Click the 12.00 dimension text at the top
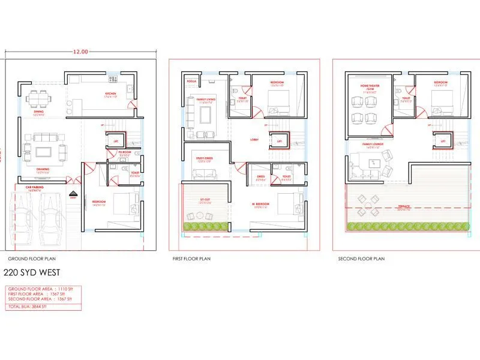click(x=80, y=52)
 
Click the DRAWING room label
click(x=42, y=169)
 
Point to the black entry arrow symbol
click(x=73, y=194)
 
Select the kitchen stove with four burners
click(x=112, y=79)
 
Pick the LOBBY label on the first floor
click(x=254, y=140)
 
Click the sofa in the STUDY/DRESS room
click(x=205, y=174)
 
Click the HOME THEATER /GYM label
click(x=368, y=87)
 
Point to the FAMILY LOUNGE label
click(x=373, y=145)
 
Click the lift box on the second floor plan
click(x=443, y=141)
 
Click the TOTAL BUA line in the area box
click(x=23, y=307)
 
